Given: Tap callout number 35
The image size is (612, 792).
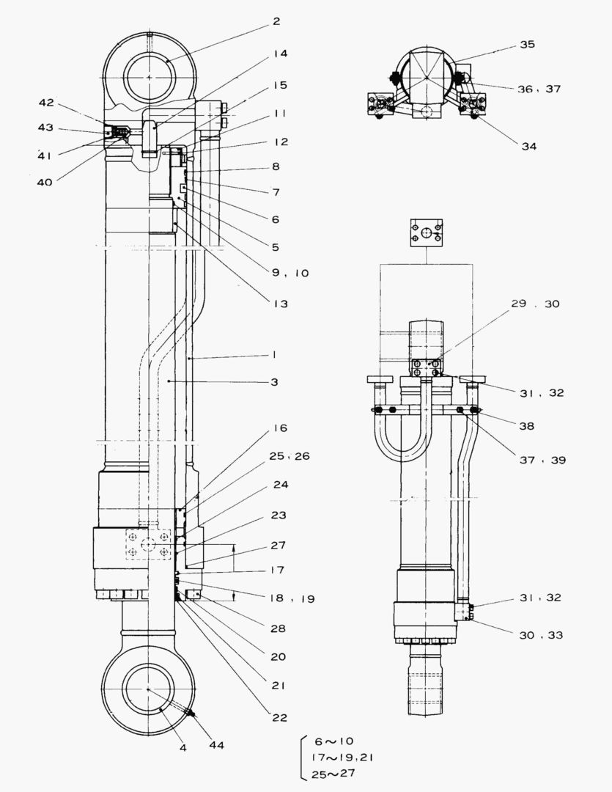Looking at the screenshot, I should (528, 44).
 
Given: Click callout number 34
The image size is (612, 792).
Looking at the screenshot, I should (528, 146).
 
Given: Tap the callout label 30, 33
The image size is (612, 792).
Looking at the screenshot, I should (540, 634).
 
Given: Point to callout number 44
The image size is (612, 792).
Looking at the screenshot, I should (216, 745).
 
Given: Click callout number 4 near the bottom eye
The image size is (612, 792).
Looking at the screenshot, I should (183, 747).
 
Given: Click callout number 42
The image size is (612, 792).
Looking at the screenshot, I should (45, 104).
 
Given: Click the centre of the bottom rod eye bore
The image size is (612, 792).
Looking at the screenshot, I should (149, 689).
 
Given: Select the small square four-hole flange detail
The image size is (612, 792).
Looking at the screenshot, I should (426, 238).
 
